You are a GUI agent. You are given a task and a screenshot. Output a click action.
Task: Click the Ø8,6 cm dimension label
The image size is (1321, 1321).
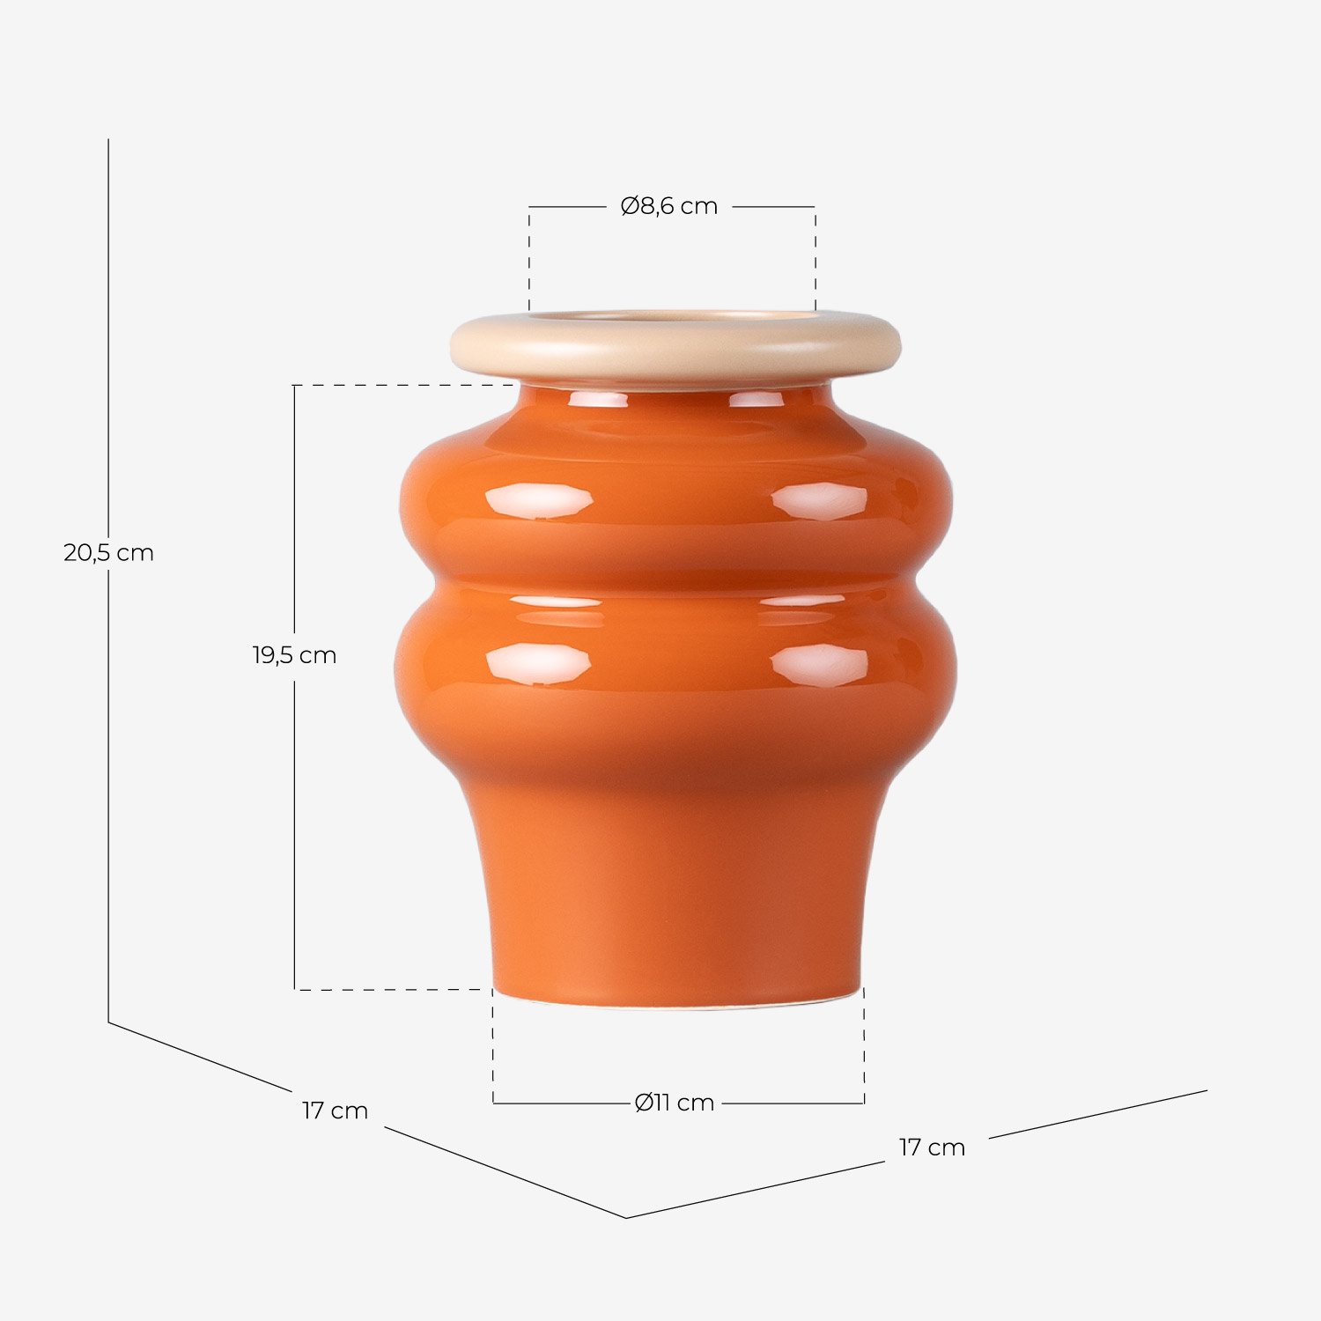(x=669, y=206)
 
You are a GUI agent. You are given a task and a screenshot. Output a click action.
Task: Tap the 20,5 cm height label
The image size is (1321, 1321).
(x=108, y=553)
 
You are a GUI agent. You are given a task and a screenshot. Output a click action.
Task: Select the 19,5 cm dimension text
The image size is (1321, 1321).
(x=294, y=655)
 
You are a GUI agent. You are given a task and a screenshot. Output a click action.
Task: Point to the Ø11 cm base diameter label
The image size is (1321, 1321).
(x=675, y=1103)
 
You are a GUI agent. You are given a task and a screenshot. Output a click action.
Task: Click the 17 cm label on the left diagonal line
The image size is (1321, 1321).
(x=335, y=1111)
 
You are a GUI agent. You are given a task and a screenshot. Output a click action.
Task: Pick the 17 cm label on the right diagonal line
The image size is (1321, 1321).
(x=932, y=1148)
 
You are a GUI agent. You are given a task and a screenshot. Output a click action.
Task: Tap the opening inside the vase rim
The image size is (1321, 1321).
(x=674, y=315)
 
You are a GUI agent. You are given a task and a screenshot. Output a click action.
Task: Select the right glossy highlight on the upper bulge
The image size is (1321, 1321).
(x=819, y=501)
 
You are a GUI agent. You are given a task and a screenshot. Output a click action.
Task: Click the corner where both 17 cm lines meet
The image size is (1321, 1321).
(x=626, y=1217)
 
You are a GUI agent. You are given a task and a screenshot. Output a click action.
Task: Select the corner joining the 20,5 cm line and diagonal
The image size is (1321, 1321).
(x=108, y=1022)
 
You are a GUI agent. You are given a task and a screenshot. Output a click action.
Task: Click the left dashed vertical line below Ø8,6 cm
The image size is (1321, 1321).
(x=529, y=260)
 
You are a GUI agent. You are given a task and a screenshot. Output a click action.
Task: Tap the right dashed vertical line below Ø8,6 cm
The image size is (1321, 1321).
(x=815, y=260)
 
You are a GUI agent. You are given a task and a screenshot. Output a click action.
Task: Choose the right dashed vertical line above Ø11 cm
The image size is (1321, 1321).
(x=864, y=1048)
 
